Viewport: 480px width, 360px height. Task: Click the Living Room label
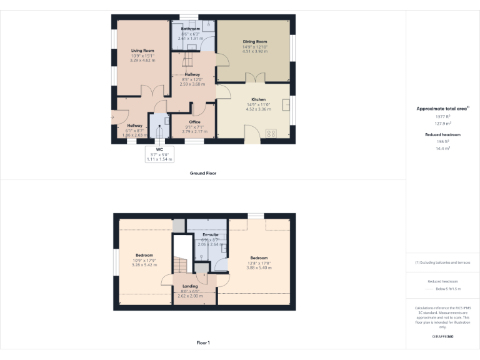142,51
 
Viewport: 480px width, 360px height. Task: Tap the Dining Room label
255,42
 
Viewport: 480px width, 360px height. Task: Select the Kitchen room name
259,99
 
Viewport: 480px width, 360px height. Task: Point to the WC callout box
159,154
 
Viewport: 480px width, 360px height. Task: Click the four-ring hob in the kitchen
272,132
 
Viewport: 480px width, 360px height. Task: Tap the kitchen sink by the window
286,104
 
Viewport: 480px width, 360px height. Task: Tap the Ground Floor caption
203,173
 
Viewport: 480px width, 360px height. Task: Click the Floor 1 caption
203,342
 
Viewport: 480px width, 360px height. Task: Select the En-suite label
209,235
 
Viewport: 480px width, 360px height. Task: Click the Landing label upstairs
190,287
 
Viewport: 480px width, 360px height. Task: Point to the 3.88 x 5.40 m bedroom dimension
259,267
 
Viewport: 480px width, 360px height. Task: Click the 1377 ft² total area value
442,116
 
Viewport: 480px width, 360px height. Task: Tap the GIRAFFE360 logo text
442,337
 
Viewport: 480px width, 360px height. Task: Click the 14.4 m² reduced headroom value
442,148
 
